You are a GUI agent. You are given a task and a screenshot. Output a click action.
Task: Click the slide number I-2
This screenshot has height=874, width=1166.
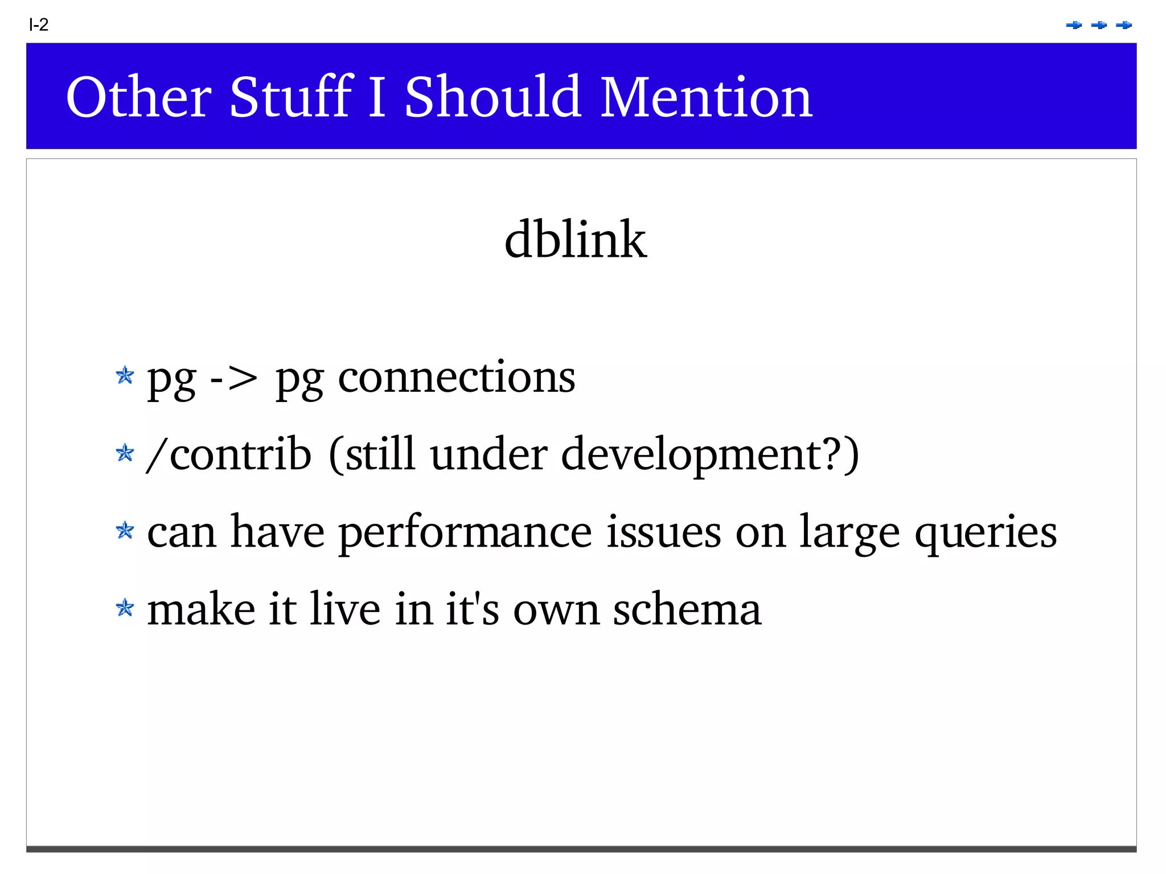pyautogui.click(x=39, y=24)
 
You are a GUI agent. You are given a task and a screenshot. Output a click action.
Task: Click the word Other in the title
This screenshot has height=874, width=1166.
pyautogui.click(x=138, y=97)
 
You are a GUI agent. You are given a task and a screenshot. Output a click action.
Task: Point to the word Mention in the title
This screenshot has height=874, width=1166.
pyautogui.click(x=706, y=97)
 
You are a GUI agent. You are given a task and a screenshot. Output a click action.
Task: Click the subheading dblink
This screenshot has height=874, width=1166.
pyautogui.click(x=575, y=240)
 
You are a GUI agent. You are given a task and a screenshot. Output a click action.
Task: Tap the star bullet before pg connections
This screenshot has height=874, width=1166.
pyautogui.click(x=125, y=376)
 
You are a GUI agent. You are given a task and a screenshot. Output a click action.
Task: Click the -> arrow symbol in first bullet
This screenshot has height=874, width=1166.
pyautogui.click(x=233, y=379)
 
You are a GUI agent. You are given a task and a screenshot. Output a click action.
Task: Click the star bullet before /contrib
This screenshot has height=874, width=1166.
pyautogui.click(x=125, y=454)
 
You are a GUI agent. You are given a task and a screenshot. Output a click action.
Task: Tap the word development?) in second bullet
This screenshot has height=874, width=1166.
pyautogui.click(x=710, y=456)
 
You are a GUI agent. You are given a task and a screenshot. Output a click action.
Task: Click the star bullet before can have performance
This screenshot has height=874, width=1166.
pyautogui.click(x=125, y=531)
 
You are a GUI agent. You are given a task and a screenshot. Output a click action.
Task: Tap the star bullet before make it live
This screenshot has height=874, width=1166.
pyautogui.click(x=125, y=609)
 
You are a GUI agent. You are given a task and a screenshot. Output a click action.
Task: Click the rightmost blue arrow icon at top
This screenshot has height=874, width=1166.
pyautogui.click(x=1123, y=25)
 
